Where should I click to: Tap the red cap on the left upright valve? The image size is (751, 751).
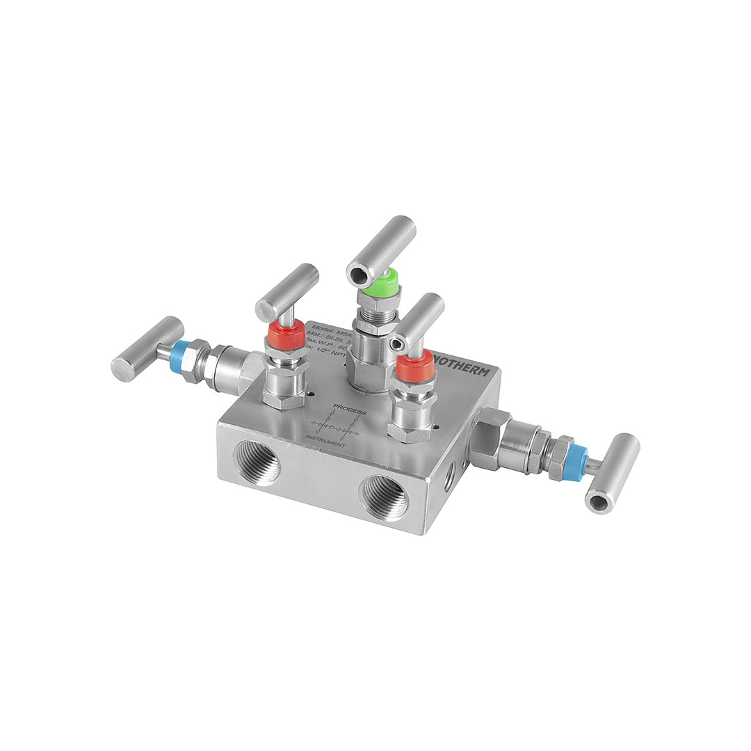click(x=286, y=328)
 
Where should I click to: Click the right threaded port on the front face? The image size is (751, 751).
click(x=385, y=498)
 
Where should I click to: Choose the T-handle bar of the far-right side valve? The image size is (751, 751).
click(x=612, y=473)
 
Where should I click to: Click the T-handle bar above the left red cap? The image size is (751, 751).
click(x=286, y=292)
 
